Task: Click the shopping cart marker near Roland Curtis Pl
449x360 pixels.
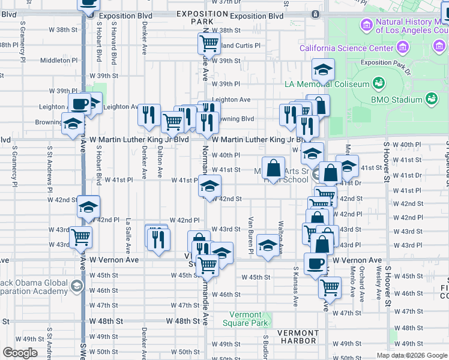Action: pyautogui.click(x=208, y=43)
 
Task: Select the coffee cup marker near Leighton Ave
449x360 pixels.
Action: pyautogui.click(x=79, y=104)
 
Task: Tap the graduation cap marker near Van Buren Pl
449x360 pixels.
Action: pyautogui.click(x=267, y=245)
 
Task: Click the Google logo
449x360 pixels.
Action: pyautogui.click(x=20, y=353)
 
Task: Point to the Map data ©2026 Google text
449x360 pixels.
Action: pyautogui.click(x=412, y=355)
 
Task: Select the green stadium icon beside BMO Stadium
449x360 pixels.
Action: pyautogui.click(x=432, y=98)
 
